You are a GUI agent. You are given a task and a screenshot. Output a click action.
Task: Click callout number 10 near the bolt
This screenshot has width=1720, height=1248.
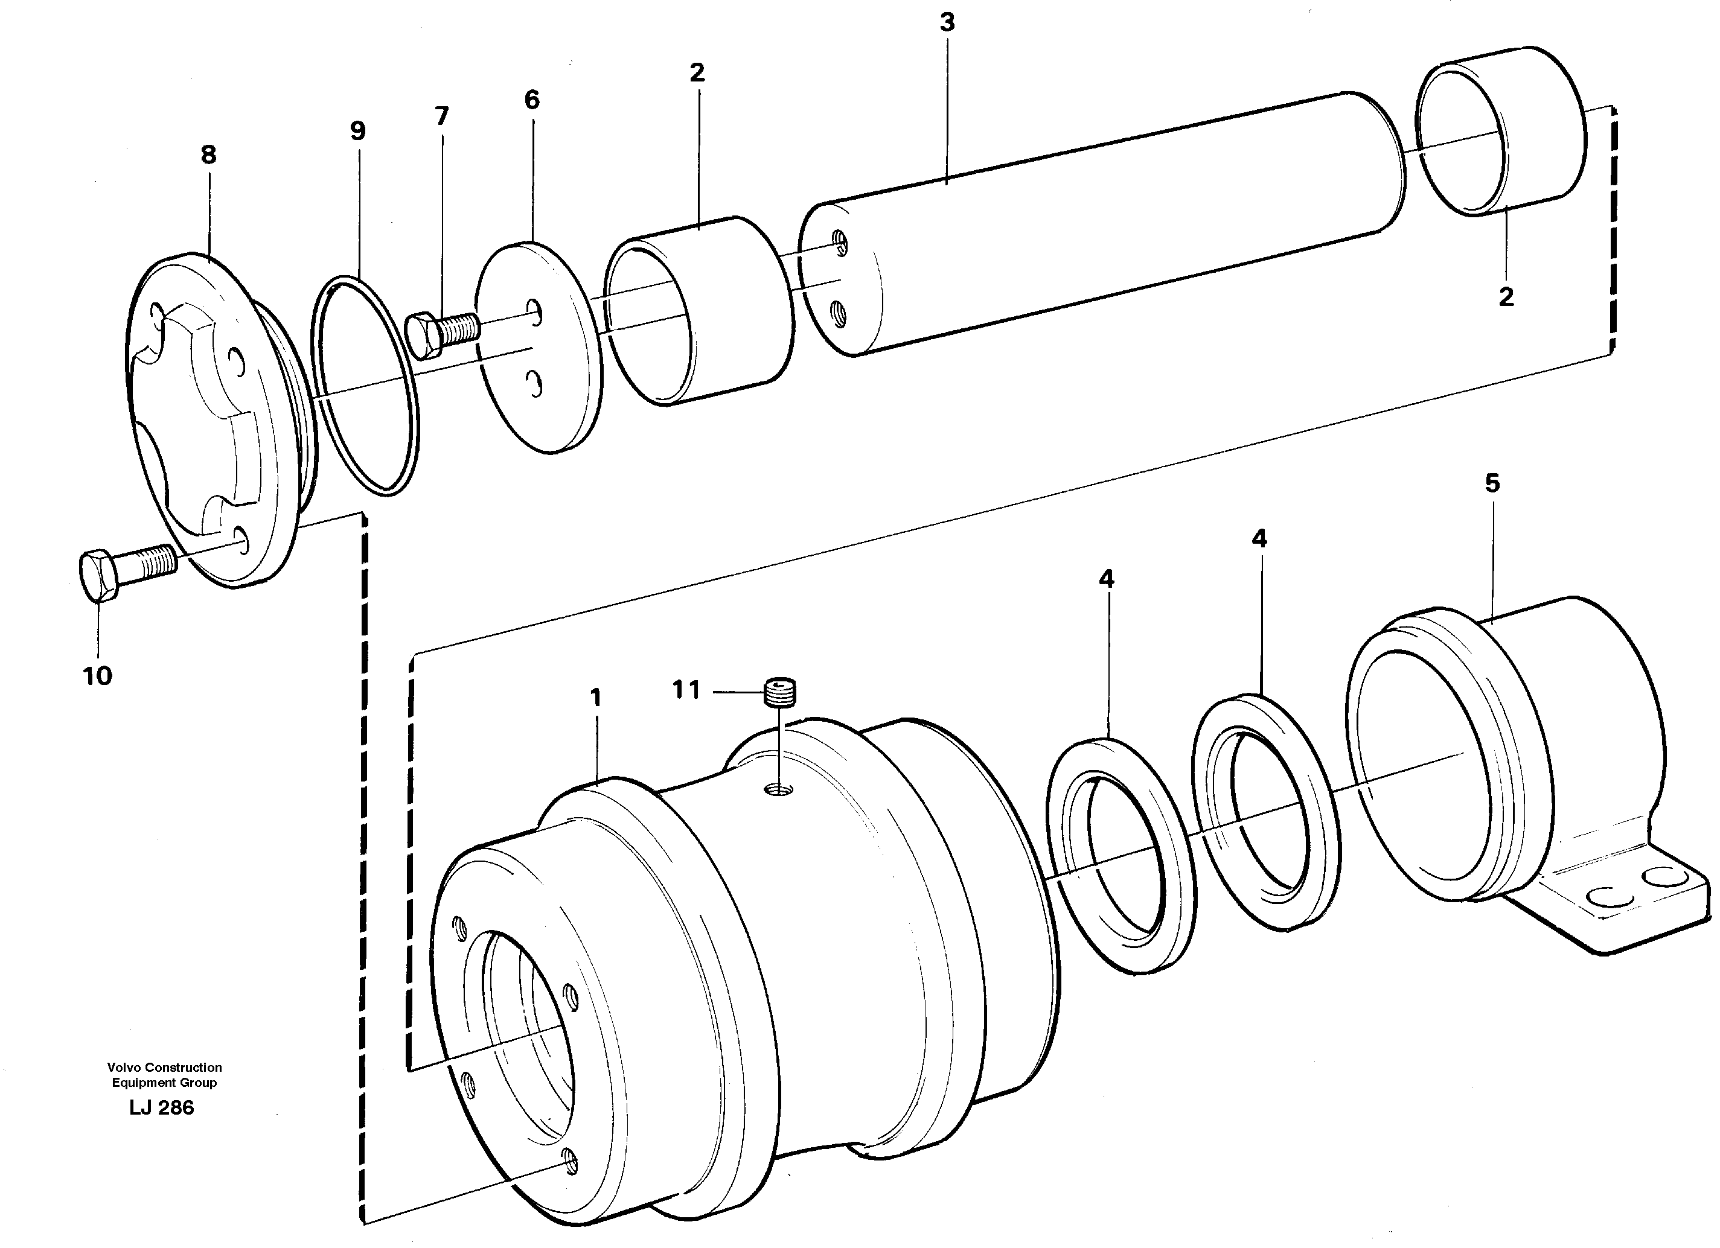click(97, 675)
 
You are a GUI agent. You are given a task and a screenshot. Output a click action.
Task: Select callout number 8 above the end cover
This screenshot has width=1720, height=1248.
click(208, 154)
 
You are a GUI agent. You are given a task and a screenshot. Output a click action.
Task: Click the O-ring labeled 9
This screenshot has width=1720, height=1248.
click(365, 387)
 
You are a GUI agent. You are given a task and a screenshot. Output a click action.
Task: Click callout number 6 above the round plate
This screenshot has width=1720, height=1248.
click(532, 100)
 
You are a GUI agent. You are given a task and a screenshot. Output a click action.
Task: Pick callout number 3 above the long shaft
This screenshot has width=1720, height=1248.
click(947, 23)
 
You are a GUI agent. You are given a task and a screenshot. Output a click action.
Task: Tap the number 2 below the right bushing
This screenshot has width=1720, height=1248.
click(1506, 296)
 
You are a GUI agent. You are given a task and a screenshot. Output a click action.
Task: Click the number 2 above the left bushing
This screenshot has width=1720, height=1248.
click(697, 73)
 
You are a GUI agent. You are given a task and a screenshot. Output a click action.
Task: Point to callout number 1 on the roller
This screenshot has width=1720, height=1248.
click(595, 698)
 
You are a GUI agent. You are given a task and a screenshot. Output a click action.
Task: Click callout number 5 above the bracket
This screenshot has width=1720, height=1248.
click(1492, 483)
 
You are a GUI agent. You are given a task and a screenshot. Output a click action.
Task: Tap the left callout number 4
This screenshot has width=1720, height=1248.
click(1107, 579)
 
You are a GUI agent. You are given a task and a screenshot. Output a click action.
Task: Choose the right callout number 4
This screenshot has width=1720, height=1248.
click(1259, 539)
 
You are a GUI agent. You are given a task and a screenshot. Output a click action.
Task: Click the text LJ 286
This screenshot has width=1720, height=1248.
click(162, 1108)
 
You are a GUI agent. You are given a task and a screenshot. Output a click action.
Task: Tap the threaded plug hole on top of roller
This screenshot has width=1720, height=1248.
click(779, 791)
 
